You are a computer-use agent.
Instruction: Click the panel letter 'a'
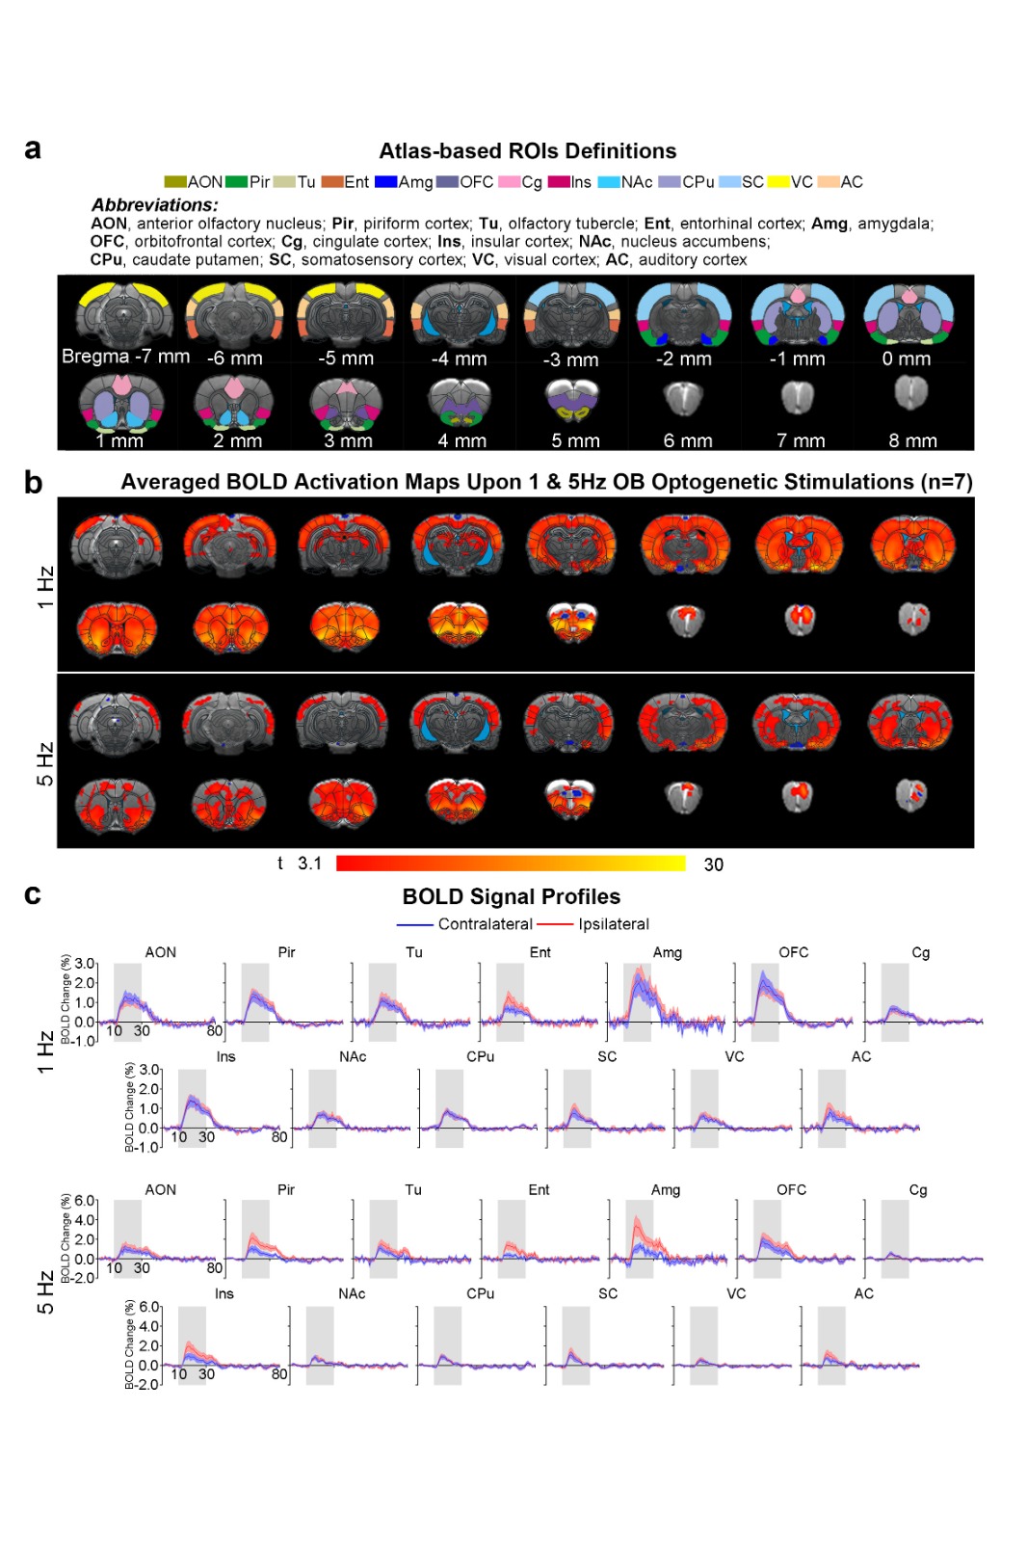(33, 149)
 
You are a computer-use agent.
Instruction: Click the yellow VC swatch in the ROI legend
(777, 182)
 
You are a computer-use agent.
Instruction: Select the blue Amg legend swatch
(385, 182)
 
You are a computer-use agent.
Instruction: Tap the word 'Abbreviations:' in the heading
(155, 204)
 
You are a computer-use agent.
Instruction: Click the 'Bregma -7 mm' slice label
(125, 357)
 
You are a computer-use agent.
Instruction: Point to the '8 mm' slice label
(911, 440)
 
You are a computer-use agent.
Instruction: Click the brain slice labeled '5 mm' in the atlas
(572, 399)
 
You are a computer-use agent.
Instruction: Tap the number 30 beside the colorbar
(713, 864)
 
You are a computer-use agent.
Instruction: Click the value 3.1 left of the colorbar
(309, 864)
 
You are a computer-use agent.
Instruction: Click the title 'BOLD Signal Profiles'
(511, 896)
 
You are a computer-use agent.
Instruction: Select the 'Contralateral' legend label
(485, 924)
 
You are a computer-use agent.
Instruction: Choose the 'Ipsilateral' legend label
(614, 924)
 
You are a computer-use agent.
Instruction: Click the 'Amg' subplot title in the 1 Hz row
(667, 952)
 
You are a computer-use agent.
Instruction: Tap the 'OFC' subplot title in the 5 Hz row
(791, 1189)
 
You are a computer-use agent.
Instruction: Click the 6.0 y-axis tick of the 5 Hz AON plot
(85, 1201)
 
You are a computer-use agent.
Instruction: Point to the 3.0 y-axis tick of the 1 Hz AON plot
(85, 964)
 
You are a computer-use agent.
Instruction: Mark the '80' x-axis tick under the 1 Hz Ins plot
(279, 1137)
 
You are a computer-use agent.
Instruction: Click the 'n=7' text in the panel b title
(948, 482)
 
